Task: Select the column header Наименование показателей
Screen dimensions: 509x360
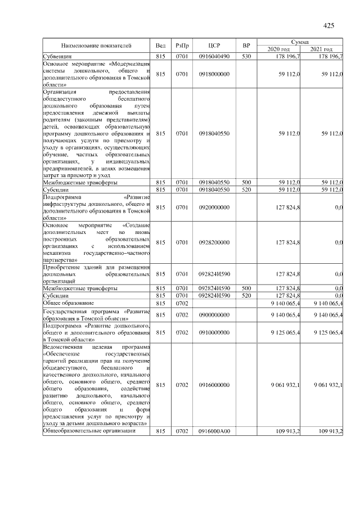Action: [96, 46]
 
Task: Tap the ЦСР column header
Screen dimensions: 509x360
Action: [213, 46]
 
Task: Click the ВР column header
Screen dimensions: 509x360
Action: [246, 46]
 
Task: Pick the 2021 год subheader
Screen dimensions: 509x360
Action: [322, 49]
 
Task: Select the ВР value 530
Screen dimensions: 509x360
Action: [246, 57]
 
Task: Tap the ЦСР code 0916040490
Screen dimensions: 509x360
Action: [213, 57]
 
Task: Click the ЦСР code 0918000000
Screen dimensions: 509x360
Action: [213, 74]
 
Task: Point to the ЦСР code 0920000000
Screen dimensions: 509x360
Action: [213, 208]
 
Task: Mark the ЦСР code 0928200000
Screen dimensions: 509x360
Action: [213, 242]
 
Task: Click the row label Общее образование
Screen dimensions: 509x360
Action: [67, 303]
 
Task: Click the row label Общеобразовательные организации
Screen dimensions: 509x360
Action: [89, 431]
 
